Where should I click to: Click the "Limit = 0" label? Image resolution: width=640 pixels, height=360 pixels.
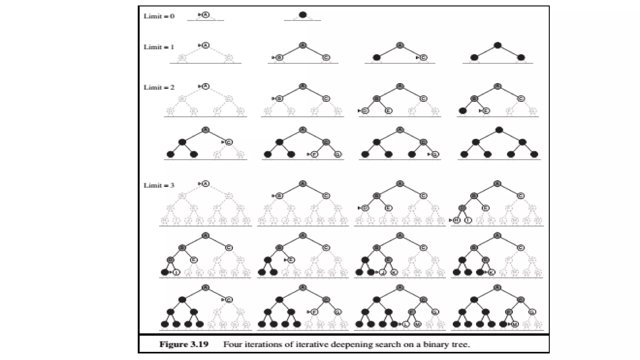pyautogui.click(x=159, y=16)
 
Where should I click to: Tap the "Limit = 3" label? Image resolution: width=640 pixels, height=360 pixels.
pyautogui.click(x=159, y=185)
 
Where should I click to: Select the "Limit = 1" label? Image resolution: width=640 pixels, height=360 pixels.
pyautogui.click(x=159, y=47)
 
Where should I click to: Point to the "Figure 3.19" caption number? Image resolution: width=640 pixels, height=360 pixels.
pyautogui.click(x=184, y=344)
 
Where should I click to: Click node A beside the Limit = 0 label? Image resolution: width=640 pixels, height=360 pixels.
pyautogui.click(x=205, y=15)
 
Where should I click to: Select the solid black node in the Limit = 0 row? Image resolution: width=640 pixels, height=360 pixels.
pyautogui.click(x=302, y=15)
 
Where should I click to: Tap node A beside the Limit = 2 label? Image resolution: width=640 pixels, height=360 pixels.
pyautogui.click(x=205, y=87)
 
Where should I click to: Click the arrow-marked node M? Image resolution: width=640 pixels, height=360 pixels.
pyautogui.click(x=515, y=324)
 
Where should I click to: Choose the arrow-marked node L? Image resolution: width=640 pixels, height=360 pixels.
pyautogui.click(x=406, y=324)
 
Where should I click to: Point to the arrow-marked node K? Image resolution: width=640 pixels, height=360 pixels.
pyautogui.click(x=492, y=272)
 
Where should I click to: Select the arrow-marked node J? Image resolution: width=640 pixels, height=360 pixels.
pyautogui.click(x=382, y=272)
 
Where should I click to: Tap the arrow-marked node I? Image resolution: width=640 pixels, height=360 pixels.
pyautogui.click(x=176, y=272)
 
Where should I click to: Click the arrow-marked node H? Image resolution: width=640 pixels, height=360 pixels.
pyautogui.click(x=457, y=220)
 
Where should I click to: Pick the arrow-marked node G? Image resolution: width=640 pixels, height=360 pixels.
pyautogui.click(x=435, y=154)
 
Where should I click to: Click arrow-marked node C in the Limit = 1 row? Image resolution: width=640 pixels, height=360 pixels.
pyautogui.click(x=423, y=57)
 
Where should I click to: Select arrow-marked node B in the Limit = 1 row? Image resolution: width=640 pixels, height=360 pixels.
pyautogui.click(x=279, y=57)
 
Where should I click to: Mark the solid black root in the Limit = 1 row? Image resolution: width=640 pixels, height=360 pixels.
pyautogui.click(x=497, y=46)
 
